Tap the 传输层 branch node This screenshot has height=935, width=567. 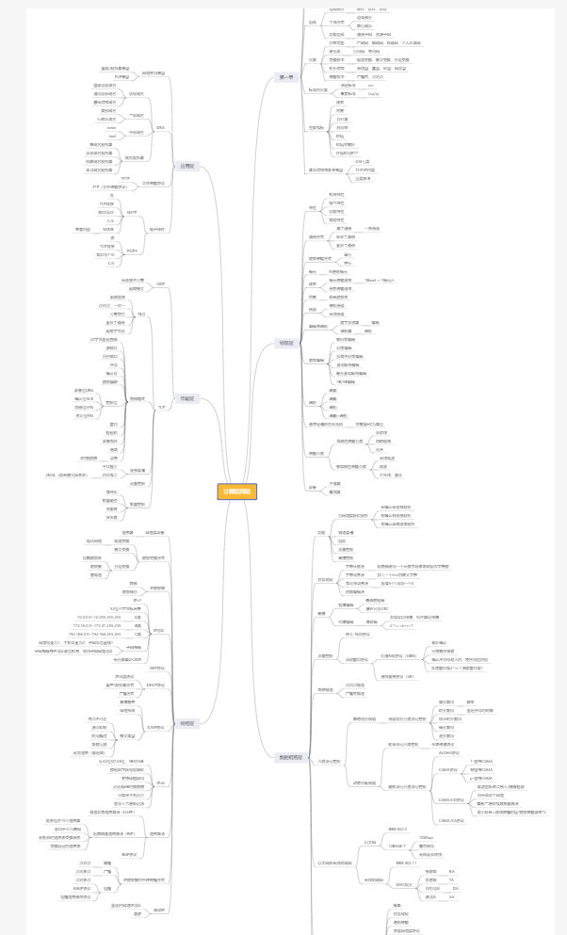(x=186, y=399)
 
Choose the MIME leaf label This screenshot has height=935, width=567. (x=108, y=229)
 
